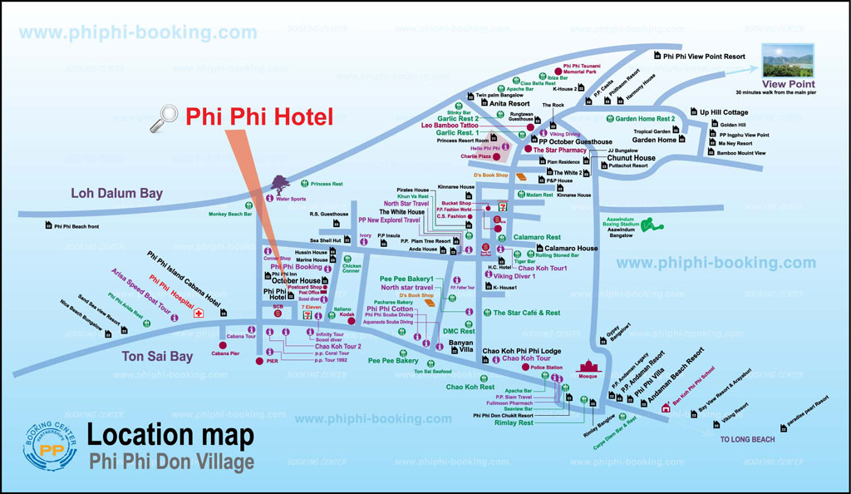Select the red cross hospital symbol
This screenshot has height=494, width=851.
[x=199, y=314]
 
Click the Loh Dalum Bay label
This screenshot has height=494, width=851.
[x=116, y=193]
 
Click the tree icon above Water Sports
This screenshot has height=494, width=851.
[x=278, y=184]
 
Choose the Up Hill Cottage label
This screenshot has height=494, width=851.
[x=723, y=112]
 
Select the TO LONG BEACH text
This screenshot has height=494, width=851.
[x=747, y=439]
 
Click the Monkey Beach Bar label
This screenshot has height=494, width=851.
[x=230, y=214]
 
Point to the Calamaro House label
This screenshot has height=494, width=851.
[x=571, y=248]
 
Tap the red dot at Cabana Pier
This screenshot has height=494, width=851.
[x=223, y=344]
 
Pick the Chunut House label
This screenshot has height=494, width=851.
[x=631, y=157]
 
